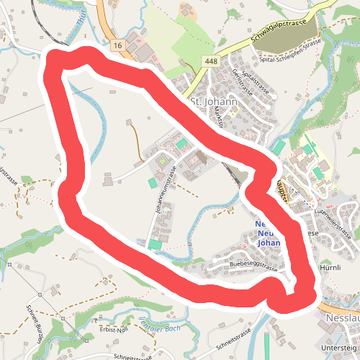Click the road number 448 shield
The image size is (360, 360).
pyautogui.click(x=210, y=62)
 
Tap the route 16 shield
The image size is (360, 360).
pyautogui.click(x=117, y=45)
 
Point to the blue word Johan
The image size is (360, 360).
pyautogui.click(x=267, y=243)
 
